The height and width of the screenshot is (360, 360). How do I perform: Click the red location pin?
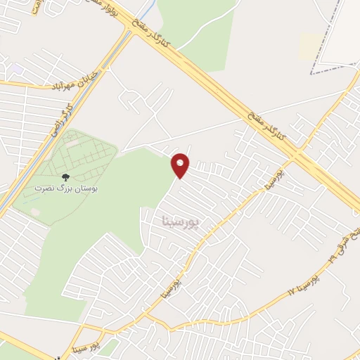181,165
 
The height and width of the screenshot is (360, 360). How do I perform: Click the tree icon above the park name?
66,179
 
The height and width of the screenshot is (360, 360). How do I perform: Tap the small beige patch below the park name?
34,211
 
